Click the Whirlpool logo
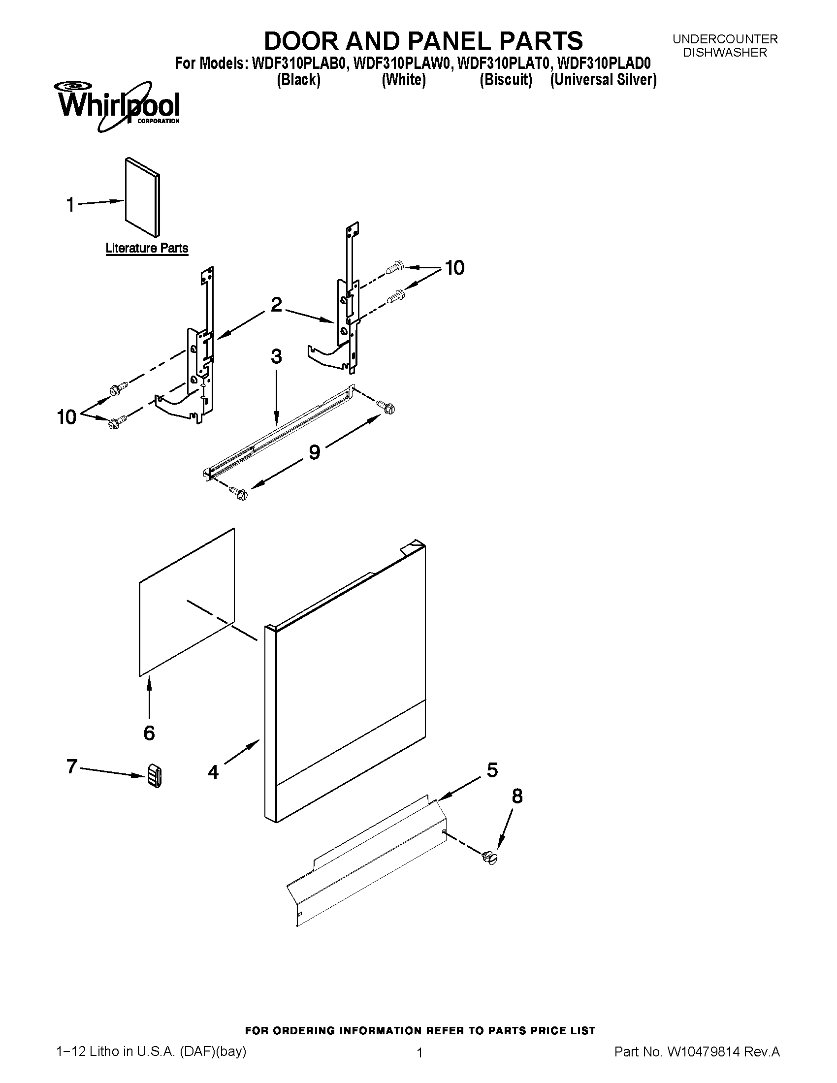pyautogui.click(x=119, y=107)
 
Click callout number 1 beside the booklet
pyautogui.click(x=71, y=204)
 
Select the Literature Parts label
pyautogui.click(x=147, y=248)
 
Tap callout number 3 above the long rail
pyautogui.click(x=276, y=357)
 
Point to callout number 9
pyautogui.click(x=315, y=452)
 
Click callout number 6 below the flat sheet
pyautogui.click(x=149, y=733)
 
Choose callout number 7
pyautogui.click(x=72, y=766)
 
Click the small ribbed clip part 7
pyautogui.click(x=154, y=775)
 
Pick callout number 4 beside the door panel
pyautogui.click(x=213, y=771)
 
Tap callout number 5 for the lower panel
pyautogui.click(x=492, y=770)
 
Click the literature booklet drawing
pyautogui.click(x=143, y=197)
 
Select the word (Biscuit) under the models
pyautogui.click(x=505, y=80)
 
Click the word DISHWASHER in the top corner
pyautogui.click(x=724, y=53)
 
